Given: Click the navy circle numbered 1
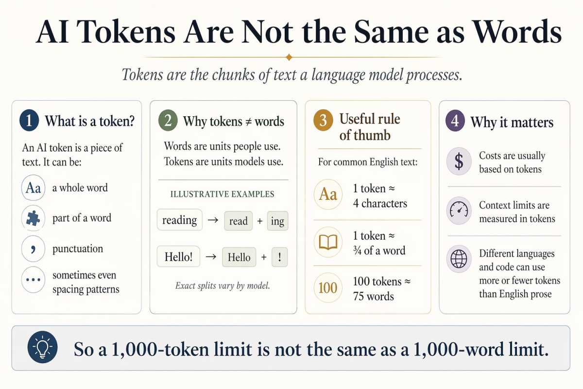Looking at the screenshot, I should tap(29, 121).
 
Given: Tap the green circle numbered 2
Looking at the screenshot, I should tap(168, 121).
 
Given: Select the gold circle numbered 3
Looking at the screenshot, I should tap(323, 121).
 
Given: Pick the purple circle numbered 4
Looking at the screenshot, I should tap(455, 121).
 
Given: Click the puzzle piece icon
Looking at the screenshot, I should tap(33, 218).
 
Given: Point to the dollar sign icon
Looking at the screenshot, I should tap(459, 162).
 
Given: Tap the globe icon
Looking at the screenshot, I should tap(459, 259).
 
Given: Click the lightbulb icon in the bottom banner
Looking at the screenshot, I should tap(43, 348).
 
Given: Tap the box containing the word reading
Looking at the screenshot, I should tap(179, 220).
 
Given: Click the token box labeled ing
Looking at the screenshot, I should tap(277, 221).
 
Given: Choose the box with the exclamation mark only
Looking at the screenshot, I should tap(279, 257).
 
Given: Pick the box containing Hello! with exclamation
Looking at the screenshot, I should tap(178, 256).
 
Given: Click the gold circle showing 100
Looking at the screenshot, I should tap(328, 288).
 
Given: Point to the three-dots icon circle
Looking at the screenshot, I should tap(33, 281).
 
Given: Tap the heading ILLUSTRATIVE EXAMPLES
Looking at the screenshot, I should tap(223, 194).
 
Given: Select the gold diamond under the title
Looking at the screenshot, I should tap(290, 57).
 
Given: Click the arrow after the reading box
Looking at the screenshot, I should tap(212, 220).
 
